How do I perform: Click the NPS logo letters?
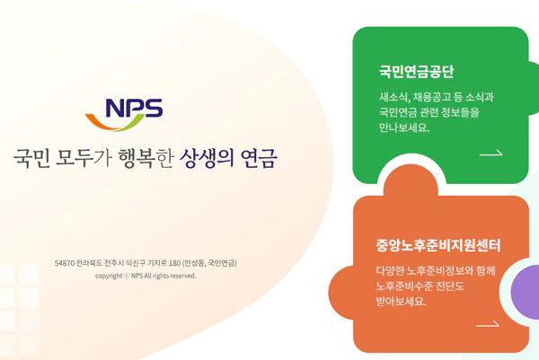point(134,108)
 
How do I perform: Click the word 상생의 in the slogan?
point(207,158)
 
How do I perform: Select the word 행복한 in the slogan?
point(146,158)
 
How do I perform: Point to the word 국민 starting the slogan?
point(31,158)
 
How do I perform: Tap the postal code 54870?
point(65,263)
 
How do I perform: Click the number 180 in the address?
point(174,263)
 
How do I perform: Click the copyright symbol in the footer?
point(127,276)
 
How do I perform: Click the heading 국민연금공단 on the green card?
point(416,72)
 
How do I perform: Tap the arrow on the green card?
point(490,154)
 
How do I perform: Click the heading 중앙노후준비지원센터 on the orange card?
point(438,245)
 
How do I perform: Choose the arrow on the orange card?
point(488,324)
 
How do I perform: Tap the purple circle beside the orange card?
point(525,292)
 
